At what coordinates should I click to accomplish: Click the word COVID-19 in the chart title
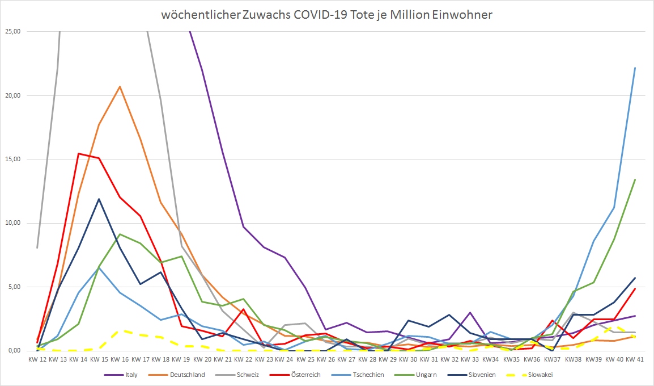(317, 15)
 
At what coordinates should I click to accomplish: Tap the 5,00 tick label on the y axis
(13, 287)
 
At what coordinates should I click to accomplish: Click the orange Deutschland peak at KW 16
(120, 87)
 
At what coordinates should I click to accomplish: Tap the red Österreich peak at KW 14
(79, 153)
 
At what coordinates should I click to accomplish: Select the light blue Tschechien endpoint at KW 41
(635, 68)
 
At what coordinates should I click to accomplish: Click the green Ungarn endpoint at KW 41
(635, 179)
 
